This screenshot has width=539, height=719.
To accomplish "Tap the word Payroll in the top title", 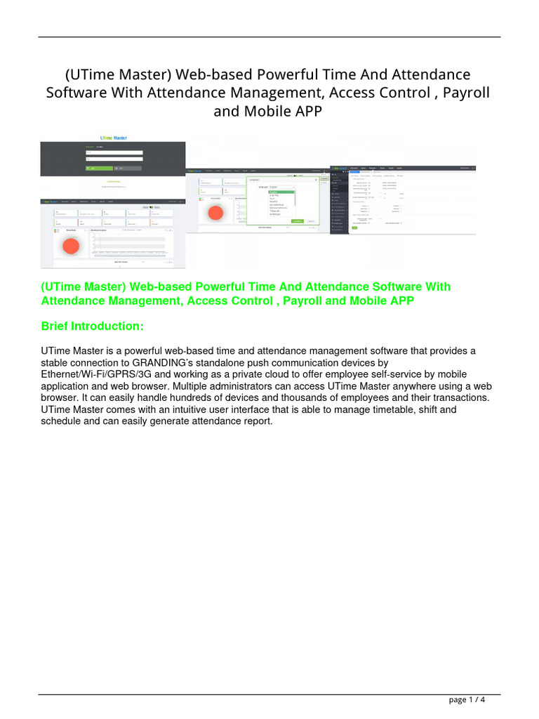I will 460,93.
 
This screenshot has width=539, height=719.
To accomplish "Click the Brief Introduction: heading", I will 92,326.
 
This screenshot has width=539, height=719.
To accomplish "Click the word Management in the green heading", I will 130,301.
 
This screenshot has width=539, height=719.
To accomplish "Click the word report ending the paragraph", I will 255,421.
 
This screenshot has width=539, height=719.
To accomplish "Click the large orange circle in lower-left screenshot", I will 70,246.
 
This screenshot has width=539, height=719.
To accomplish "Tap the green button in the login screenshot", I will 97,169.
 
